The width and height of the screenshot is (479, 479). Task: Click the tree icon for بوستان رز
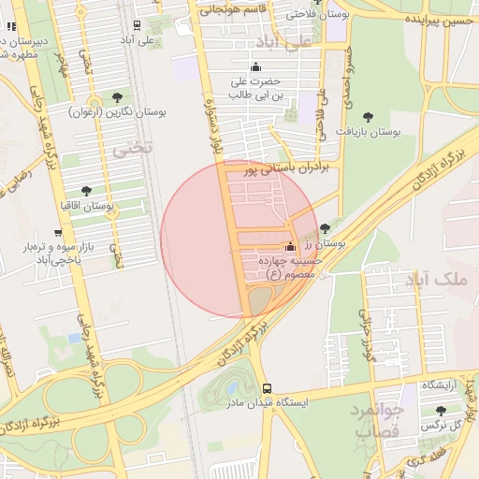coord(325,228)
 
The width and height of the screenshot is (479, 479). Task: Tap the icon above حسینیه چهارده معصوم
coord(289,247)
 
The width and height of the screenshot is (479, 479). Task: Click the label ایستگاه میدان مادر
coord(268,402)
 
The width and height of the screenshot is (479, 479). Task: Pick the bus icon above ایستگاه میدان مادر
coord(268,388)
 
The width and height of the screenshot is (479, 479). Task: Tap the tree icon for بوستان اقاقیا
coord(86,191)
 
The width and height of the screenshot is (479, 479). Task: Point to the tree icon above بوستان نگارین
coord(117,97)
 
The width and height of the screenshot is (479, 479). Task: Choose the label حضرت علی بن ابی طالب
coord(257,87)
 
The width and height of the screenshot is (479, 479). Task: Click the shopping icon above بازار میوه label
coord(58,233)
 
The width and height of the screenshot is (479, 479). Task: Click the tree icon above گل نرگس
coord(441,411)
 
